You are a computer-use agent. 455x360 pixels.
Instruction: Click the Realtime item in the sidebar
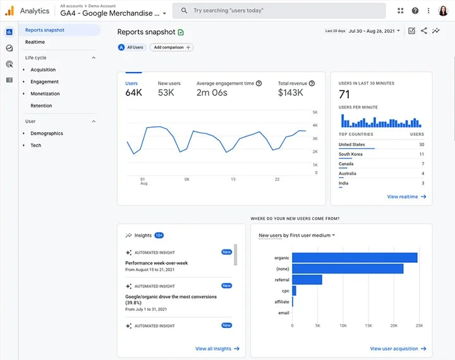point(35,42)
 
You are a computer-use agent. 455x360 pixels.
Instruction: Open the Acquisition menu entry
point(43,69)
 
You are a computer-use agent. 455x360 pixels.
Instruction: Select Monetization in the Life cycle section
point(45,93)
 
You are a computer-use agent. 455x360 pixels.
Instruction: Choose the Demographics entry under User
point(47,133)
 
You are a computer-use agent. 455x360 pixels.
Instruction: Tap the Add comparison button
point(171,47)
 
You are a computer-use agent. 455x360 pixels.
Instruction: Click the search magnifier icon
point(184,11)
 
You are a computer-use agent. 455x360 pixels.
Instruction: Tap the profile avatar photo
point(443,11)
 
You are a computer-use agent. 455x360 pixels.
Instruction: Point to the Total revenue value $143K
point(291,93)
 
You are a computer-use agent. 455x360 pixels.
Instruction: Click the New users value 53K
point(166,93)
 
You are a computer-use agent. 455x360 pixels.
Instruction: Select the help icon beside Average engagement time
point(259,83)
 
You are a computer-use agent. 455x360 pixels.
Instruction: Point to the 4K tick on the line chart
point(315,125)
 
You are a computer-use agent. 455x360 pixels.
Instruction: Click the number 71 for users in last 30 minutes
point(344,95)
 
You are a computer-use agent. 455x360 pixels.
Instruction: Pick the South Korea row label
point(351,154)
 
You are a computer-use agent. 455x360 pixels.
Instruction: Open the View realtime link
point(406,196)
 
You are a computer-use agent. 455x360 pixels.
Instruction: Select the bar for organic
point(355,258)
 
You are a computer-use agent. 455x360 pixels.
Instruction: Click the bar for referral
point(307,280)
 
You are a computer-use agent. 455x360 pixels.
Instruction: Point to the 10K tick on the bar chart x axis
point(343,326)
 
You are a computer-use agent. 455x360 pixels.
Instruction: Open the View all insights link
point(217,349)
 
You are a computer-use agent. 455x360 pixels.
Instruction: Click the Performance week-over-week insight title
point(157,263)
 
